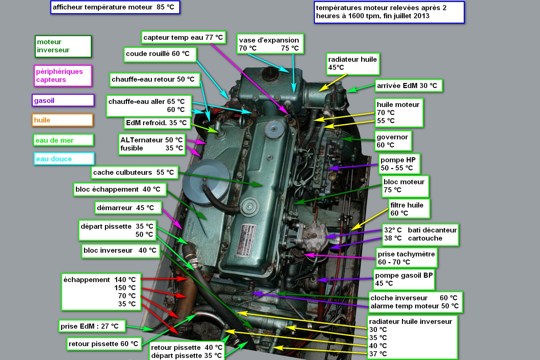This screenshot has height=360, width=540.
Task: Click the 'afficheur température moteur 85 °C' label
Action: [x=115, y=7]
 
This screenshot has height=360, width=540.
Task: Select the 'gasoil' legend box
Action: [x=63, y=100]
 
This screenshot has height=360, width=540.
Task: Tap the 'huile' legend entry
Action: [x=62, y=120]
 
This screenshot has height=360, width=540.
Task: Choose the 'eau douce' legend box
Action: [x=64, y=159]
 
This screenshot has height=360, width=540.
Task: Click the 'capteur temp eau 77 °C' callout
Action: [x=184, y=37]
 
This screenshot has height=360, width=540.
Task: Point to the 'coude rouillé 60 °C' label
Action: [x=160, y=54]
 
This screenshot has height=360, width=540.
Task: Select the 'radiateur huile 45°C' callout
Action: [x=353, y=64]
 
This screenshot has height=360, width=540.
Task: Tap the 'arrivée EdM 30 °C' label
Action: [x=409, y=86]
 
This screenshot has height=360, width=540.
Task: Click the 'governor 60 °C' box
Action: [x=393, y=141]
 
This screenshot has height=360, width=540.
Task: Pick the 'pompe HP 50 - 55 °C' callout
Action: [x=399, y=164]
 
